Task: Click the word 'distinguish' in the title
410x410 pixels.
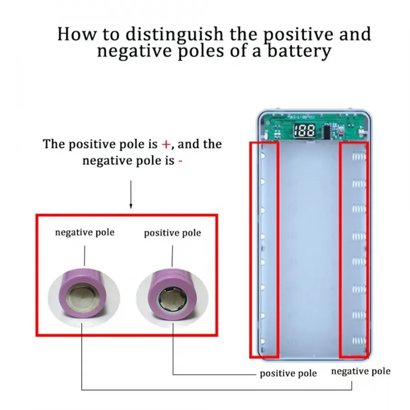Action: click(174, 34)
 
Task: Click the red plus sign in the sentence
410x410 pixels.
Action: click(166, 144)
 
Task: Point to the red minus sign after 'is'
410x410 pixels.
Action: click(180, 161)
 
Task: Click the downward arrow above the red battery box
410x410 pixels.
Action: click(131, 195)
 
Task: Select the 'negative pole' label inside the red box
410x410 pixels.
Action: click(85, 232)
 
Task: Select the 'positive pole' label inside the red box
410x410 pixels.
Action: click(173, 233)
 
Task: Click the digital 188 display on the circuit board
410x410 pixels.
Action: click(304, 130)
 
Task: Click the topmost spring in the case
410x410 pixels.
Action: click(359, 156)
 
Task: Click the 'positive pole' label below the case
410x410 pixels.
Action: click(288, 374)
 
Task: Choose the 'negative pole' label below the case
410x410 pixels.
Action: click(361, 371)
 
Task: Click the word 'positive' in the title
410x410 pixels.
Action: click(298, 35)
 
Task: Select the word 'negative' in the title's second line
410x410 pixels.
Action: click(134, 51)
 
